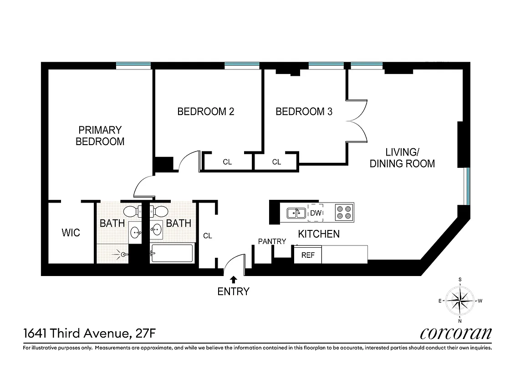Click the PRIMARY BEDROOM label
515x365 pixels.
coord(100,136)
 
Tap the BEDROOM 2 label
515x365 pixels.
coord(205,111)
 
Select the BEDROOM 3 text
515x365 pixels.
coord(304,111)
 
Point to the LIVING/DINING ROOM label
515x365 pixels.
coord(402,158)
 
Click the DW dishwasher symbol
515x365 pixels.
coord(316,213)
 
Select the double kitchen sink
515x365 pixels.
coord(296,213)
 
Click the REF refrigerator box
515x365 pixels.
coord(308,255)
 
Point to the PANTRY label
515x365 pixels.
coord(272,241)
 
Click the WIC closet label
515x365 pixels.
coord(71,233)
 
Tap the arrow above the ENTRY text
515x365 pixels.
coord(234,279)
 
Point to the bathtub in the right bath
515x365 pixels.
coord(171,253)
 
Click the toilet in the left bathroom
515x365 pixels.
coord(132,212)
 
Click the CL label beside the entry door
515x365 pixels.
coord(208,236)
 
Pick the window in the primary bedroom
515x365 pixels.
coord(133,66)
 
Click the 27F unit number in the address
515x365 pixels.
coord(146,334)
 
